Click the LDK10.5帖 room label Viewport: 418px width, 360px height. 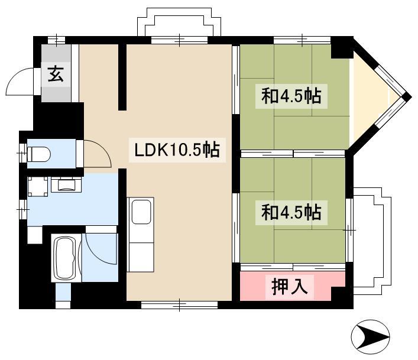tap(177, 150)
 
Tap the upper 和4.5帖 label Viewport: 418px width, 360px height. tap(291, 96)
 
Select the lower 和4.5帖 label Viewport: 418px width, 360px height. tap(291, 212)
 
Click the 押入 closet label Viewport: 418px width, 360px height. tap(290, 287)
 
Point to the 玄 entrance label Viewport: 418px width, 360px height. tap(56, 74)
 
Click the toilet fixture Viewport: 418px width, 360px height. tap(39, 154)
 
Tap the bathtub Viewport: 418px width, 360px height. tap(66, 258)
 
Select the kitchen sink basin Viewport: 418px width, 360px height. tap(141, 212)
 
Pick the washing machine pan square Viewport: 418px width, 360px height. tap(38, 187)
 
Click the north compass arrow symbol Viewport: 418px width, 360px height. tap(371, 337)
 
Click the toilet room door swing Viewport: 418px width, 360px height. tap(103, 149)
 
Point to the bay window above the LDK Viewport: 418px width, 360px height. tap(179, 22)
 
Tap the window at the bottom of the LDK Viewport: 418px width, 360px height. tap(179, 304)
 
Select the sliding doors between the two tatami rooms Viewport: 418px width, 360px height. tap(293, 154)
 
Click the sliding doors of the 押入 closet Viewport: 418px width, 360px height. tap(293, 267)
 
